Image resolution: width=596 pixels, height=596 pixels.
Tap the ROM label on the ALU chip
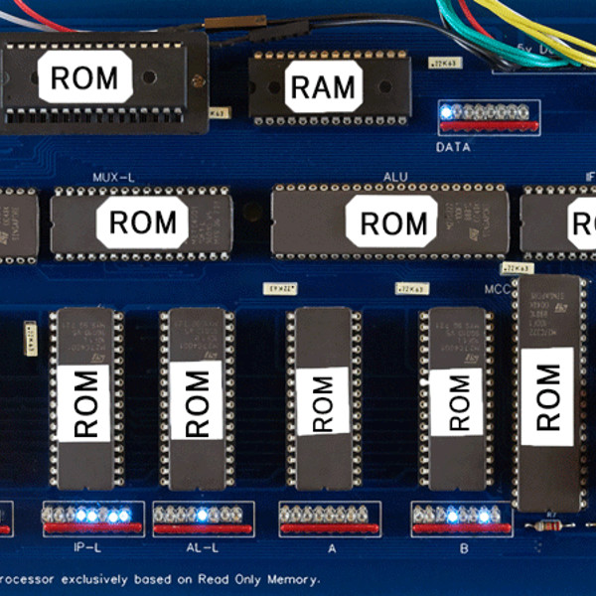[x=391, y=222]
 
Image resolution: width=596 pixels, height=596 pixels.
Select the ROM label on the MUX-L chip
[x=143, y=223]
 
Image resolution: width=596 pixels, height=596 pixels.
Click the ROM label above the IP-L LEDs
[x=86, y=403]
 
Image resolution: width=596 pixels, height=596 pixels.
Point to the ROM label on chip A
[x=322, y=400]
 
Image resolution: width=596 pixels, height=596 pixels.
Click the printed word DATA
[x=454, y=148]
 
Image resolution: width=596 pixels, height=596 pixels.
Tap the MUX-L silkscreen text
[x=113, y=178]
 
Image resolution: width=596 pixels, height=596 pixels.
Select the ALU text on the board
[x=395, y=178]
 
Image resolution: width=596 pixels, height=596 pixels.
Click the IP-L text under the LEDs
[x=88, y=547]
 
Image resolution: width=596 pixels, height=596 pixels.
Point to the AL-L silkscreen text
[x=202, y=547]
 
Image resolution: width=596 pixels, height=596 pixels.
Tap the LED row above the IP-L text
[x=87, y=516]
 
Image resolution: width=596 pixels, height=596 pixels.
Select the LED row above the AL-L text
[x=203, y=516]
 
